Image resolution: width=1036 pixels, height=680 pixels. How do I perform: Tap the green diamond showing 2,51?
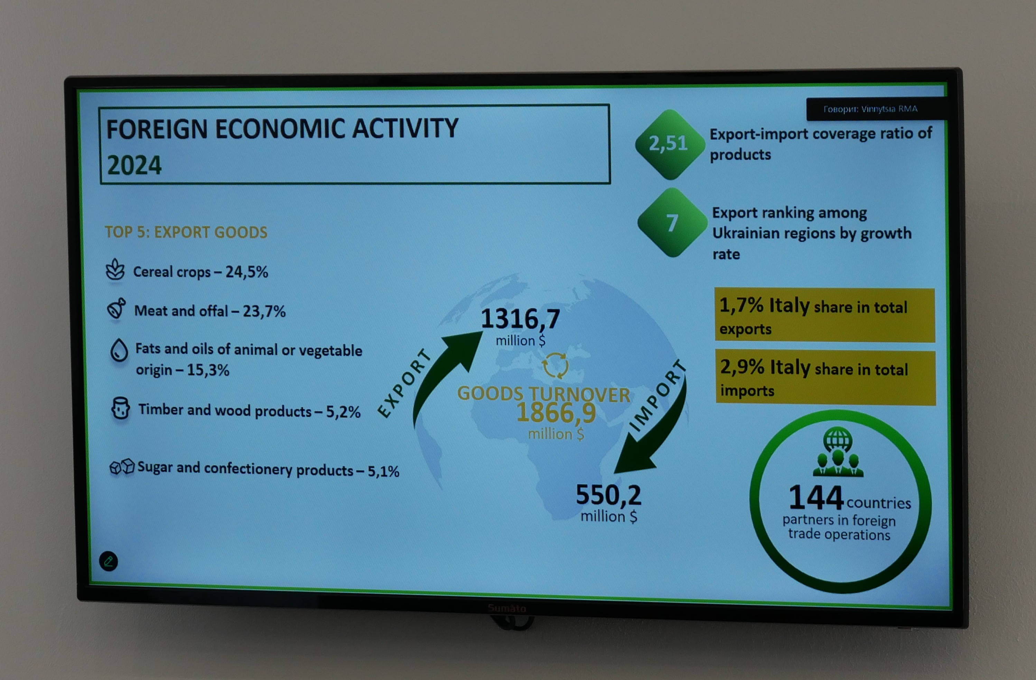tap(670, 144)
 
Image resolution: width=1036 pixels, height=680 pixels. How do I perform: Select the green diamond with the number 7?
tap(672, 222)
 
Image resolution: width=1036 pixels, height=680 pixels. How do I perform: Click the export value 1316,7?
tap(520, 319)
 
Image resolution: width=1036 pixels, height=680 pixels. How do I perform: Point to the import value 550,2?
tap(608, 495)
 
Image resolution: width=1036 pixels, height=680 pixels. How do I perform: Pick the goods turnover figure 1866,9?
tap(556, 413)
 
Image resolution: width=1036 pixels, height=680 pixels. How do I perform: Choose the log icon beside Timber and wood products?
tap(121, 408)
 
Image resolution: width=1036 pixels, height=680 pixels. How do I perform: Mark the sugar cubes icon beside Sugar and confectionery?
tap(122, 466)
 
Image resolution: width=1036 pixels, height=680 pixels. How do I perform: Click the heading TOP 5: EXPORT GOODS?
tap(186, 232)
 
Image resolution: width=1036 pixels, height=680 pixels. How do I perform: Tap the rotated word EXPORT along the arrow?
tap(404, 383)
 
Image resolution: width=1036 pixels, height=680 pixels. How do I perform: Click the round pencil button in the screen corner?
tap(109, 561)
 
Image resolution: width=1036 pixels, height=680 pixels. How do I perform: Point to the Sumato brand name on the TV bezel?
tap(507, 608)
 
